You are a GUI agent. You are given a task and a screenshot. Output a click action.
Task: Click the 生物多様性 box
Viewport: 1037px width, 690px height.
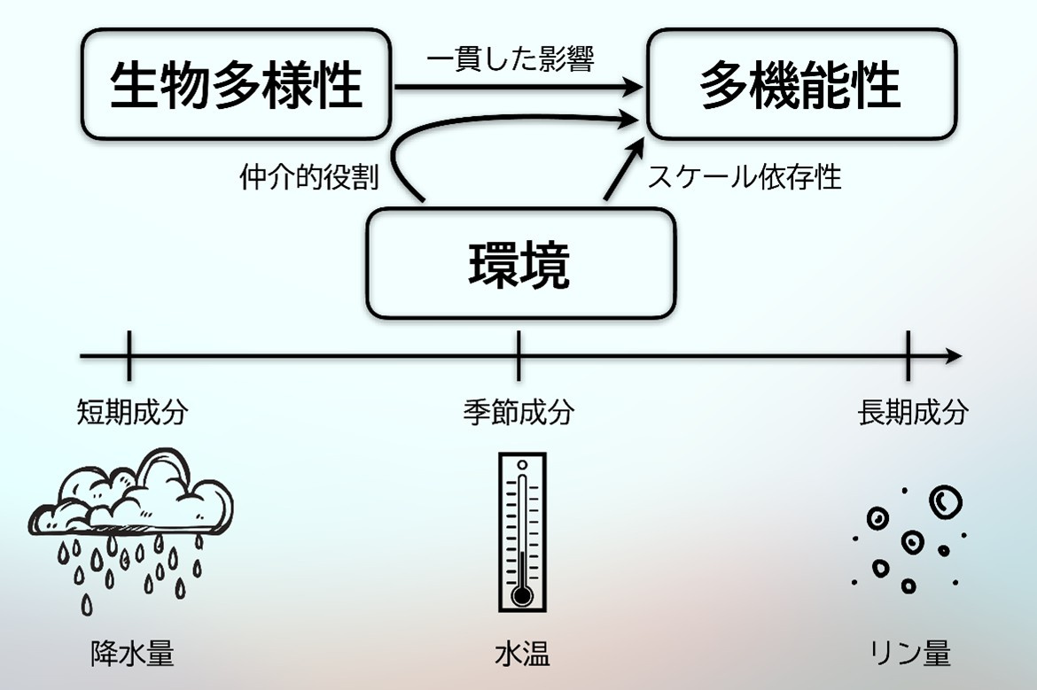236,84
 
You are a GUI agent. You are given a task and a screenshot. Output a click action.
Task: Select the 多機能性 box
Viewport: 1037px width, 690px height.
801,84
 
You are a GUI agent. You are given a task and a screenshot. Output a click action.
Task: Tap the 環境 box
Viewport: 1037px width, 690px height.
520,263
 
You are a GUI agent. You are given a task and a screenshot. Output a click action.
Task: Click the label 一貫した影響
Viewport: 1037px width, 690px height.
510,58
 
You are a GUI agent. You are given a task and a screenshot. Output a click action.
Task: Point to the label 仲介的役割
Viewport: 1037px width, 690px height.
308,177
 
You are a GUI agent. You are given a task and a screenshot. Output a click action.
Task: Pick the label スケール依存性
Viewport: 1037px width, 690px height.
745,176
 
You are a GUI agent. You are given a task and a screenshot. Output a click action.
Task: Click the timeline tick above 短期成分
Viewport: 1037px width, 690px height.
129,355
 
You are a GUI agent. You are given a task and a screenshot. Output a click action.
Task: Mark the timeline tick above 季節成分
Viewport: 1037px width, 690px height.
518,355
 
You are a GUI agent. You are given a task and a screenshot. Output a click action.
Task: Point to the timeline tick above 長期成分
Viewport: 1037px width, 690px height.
908,355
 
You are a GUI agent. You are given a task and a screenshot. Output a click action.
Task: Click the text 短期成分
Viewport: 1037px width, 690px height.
132,413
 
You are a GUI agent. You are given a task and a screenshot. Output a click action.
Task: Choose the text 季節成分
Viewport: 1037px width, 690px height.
518,413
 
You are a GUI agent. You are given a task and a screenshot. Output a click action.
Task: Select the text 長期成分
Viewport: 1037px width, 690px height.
913,413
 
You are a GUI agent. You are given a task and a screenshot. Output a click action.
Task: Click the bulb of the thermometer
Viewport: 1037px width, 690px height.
522,596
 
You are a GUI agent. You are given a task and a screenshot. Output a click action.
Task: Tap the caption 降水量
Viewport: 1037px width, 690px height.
132,654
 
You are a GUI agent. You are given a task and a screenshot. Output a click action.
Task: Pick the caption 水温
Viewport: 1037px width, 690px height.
522,654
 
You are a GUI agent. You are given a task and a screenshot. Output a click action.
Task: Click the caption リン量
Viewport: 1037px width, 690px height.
909,654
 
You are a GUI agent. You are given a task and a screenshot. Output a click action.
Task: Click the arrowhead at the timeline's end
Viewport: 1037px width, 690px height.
954,355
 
